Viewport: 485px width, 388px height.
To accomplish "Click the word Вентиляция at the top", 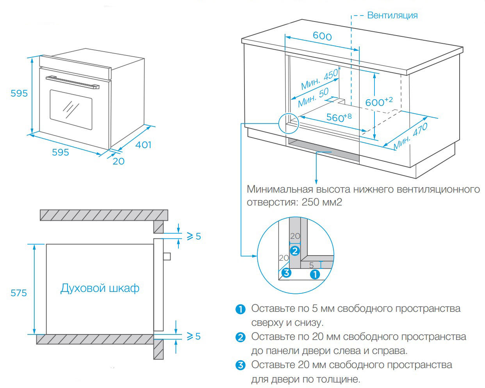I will point(392,15).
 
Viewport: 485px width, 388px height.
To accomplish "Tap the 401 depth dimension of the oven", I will point(143,145).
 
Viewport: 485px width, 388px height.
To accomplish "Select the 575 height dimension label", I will point(19,293).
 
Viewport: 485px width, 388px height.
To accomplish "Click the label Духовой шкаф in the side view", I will point(100,288).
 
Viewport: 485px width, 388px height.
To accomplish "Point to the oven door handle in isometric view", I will point(72,82).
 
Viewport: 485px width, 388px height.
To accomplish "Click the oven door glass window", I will point(71,109).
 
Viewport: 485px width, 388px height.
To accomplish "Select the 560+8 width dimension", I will point(339,117).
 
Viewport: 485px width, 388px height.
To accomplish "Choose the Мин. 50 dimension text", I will point(313,98).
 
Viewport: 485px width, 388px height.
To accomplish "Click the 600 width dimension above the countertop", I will point(322,36).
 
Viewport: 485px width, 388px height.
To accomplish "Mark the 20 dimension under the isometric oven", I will point(118,161).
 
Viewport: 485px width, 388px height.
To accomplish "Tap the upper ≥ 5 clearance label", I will point(193,236).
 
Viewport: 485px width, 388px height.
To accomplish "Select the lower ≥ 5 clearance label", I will point(193,336).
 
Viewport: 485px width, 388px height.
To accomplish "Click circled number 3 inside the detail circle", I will point(286,272).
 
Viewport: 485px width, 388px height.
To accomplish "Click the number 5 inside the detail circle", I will point(311,265).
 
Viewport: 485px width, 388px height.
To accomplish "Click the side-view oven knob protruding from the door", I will point(167,256).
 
